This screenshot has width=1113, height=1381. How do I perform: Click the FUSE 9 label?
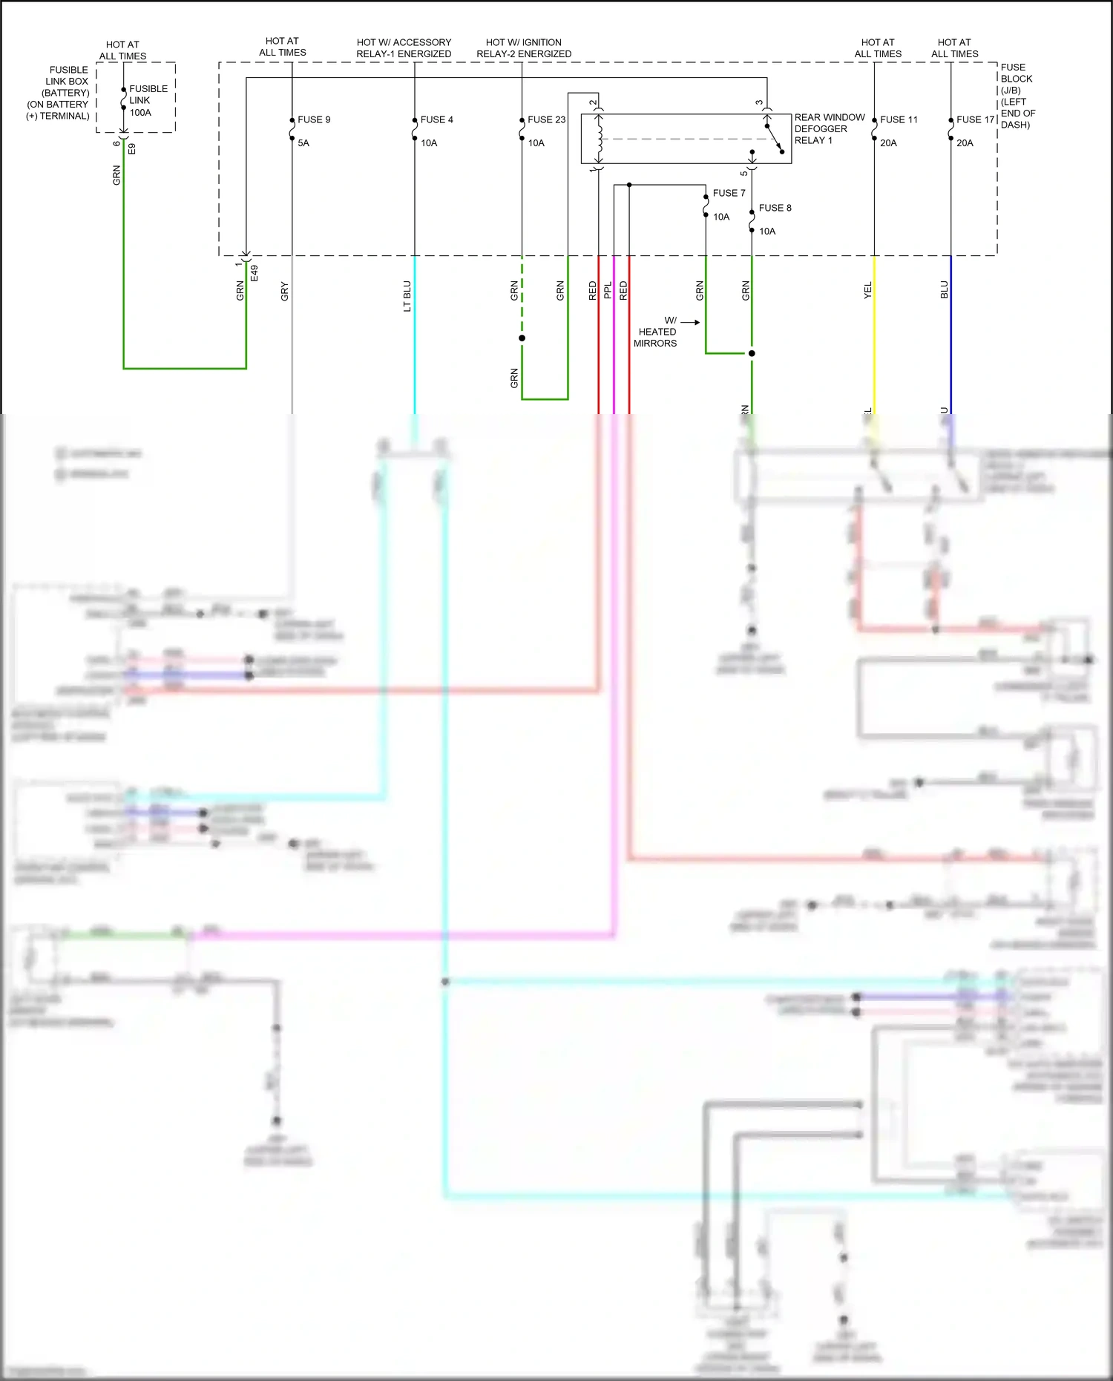314,119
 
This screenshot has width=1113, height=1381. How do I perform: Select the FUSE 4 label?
436,119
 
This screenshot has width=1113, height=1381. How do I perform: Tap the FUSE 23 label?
546,119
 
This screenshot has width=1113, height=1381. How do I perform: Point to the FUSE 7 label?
729,193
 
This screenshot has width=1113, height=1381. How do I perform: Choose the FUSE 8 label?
775,208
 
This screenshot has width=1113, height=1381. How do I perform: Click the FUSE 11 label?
899,119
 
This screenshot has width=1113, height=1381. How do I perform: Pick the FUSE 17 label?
975,119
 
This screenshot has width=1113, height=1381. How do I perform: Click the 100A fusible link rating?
140,113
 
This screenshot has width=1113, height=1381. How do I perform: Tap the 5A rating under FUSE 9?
303,143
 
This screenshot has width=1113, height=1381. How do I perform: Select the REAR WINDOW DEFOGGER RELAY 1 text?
829,129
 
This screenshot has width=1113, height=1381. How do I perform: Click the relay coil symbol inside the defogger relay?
599,139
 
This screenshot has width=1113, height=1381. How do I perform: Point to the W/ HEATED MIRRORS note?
656,332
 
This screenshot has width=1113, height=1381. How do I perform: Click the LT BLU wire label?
407,295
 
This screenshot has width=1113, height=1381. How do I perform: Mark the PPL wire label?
608,290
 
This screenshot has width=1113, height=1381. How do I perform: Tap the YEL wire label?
867,290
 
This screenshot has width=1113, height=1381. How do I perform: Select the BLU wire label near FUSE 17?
944,289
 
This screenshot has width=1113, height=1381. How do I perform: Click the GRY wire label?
284,292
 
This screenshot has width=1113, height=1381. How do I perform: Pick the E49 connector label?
255,272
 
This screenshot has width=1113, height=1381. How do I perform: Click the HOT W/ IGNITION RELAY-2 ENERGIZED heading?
524,48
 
